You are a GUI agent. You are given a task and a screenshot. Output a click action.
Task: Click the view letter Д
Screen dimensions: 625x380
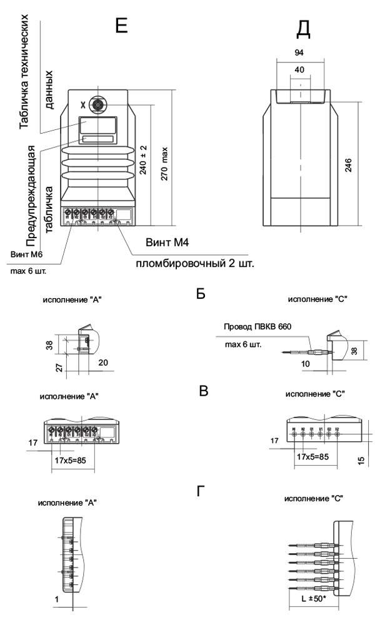[x=303, y=27]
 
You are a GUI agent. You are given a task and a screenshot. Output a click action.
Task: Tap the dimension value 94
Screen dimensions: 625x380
[x=299, y=54]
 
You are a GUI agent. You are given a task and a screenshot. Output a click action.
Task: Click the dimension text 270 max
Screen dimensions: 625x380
[x=164, y=164]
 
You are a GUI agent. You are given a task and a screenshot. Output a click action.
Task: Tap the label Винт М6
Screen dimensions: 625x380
[x=26, y=254]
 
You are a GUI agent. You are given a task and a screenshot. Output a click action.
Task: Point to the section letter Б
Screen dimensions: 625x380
[x=201, y=293]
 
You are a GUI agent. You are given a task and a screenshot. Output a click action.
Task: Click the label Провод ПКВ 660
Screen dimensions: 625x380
[x=257, y=326]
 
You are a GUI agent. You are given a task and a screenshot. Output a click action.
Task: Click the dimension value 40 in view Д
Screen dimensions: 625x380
[x=299, y=70]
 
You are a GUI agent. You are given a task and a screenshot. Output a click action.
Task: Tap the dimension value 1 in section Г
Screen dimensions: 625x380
[x=57, y=599]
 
